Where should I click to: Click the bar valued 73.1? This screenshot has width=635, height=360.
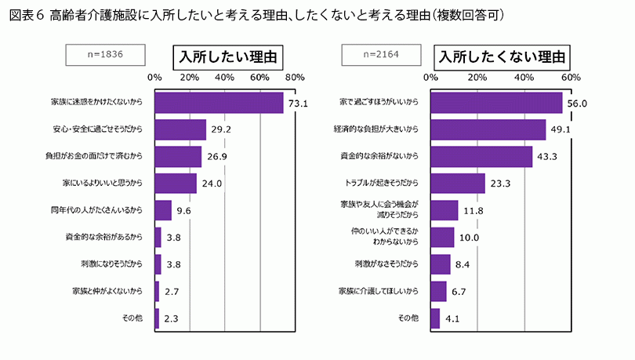coord(219,103)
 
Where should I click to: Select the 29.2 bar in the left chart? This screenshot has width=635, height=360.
coord(180,129)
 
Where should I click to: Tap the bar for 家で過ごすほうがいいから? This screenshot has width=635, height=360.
coord(496,103)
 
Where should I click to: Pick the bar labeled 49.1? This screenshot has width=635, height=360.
coord(488,129)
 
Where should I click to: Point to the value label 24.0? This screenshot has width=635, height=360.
coord(214,184)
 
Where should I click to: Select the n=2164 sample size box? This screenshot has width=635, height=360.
coord(380,55)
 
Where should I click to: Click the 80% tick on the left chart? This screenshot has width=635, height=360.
coord(295,78)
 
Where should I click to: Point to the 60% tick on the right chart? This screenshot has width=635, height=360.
coord(571,78)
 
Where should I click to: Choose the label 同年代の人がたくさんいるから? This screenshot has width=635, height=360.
coord(96,210)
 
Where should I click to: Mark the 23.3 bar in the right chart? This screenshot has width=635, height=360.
coord(458,184)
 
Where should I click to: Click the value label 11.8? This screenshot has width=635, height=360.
coord(474,210)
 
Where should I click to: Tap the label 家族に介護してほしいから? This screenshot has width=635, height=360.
coord(379,291)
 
